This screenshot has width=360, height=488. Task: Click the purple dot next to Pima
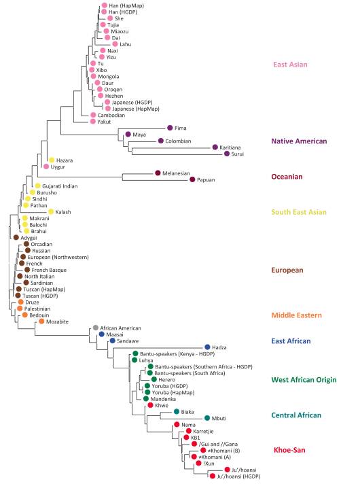(170, 128)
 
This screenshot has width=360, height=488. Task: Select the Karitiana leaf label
(230, 147)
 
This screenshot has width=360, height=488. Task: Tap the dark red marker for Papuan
(192, 179)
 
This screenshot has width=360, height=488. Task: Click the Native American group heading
(299, 141)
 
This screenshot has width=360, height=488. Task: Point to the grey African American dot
(96, 328)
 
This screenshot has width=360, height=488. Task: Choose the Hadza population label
(219, 347)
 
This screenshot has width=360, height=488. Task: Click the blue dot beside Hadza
(208, 347)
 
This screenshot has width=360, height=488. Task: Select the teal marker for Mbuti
(207, 418)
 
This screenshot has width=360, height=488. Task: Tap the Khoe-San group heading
(289, 450)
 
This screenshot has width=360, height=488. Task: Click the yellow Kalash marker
(51, 211)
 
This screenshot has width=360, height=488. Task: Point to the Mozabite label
(57, 321)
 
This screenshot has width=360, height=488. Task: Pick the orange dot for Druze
(21, 302)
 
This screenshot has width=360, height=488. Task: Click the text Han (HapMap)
(126, 5)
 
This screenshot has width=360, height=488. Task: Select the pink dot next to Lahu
(115, 44)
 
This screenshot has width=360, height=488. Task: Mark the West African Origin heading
(304, 380)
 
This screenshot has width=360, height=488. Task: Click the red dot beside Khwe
(150, 405)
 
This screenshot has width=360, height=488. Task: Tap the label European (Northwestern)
(58, 257)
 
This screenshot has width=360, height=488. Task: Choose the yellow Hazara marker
(52, 160)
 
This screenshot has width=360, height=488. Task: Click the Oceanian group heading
(287, 177)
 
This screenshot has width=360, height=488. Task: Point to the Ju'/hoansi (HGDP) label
(238, 476)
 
